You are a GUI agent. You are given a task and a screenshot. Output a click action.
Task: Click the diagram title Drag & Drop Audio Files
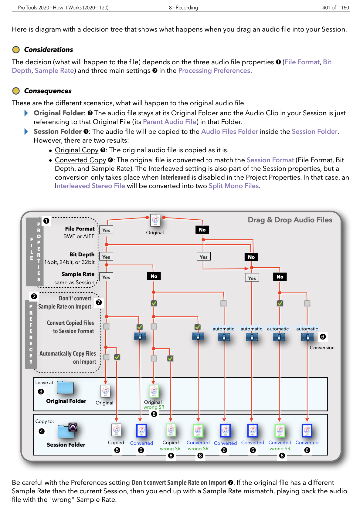pos(290,220)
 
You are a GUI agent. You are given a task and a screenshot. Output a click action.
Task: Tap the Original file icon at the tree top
pos(155,221)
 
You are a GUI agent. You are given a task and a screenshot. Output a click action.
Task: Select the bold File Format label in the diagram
pos(80,229)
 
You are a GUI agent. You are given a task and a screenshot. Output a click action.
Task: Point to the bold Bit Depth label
pos(82,255)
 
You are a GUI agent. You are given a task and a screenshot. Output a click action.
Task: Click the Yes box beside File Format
pos(106,230)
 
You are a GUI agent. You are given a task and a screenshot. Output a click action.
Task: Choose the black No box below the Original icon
pos(202,230)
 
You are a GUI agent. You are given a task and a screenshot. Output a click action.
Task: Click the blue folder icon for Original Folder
pos(65,388)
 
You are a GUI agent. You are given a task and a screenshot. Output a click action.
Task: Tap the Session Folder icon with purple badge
pos(67,431)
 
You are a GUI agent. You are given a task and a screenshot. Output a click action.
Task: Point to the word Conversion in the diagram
pos(322,348)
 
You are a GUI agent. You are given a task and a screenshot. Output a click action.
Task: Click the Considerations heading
pos(49,50)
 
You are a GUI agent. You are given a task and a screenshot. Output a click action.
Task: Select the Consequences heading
pos(48,91)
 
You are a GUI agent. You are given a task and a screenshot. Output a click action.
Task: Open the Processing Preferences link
pos(214,71)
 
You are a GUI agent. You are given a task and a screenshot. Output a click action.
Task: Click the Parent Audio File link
pos(170,122)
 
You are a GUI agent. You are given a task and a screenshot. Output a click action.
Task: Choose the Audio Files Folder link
pos(229,132)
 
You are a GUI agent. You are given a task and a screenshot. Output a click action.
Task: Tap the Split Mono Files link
pos(234,186)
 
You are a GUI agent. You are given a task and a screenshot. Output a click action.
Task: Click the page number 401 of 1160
pos(335,8)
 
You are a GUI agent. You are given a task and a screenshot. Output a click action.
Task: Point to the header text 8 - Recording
pos(183,8)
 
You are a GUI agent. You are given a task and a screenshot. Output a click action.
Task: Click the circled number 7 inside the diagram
pos(99,302)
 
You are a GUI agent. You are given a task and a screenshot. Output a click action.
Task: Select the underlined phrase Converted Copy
pos(80,160)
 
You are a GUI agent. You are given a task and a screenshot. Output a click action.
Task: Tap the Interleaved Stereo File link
pos(90,186)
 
